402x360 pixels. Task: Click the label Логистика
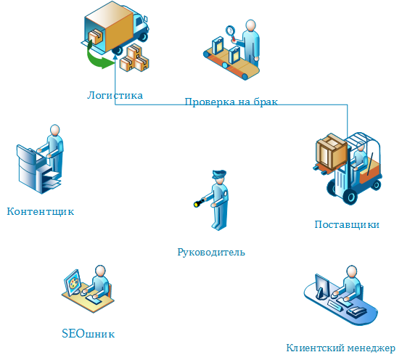(115, 95)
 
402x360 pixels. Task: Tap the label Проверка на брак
(231, 102)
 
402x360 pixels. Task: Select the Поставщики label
(347, 224)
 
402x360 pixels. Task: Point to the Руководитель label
(211, 253)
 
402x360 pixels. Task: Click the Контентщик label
(41, 212)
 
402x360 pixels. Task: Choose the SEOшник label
(89, 334)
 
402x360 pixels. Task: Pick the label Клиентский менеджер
(340, 348)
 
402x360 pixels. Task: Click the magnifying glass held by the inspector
(232, 31)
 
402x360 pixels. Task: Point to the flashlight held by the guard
(197, 204)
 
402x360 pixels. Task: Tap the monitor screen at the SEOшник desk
(73, 282)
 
